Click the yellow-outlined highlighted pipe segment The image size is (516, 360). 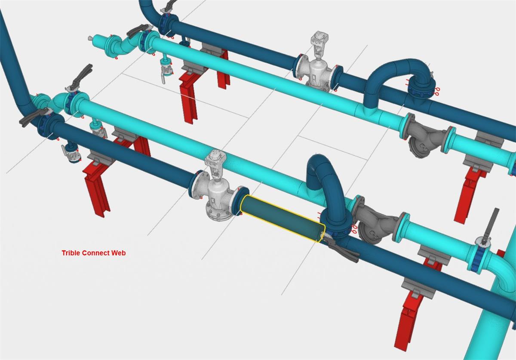pos(283,218)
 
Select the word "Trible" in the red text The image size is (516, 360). pos(71,253)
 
